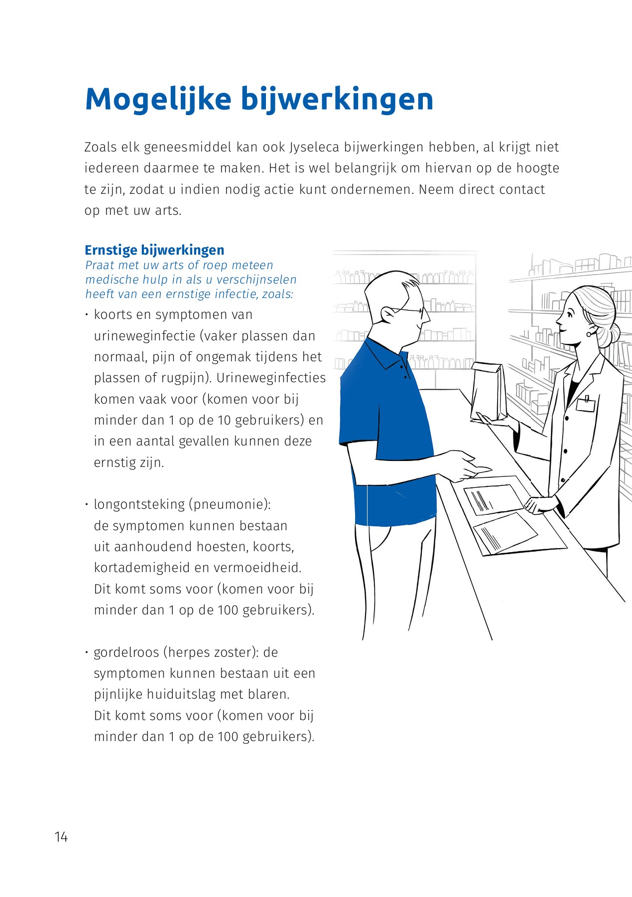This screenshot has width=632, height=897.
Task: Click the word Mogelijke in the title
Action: [x=158, y=100]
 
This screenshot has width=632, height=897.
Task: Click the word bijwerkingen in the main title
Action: [x=337, y=100]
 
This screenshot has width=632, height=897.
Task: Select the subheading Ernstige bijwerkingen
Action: [x=154, y=250]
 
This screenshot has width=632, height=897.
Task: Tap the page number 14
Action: [x=61, y=837]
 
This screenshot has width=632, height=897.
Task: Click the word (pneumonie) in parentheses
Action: [x=230, y=504]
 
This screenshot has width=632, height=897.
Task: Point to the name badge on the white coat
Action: [x=586, y=404]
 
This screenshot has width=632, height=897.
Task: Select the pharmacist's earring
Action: [x=589, y=333]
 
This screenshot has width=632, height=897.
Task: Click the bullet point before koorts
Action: [x=87, y=314]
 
